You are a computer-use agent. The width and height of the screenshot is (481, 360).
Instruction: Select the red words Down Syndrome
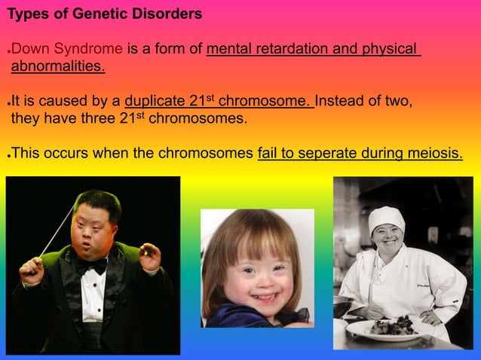pyautogui.click(x=67, y=50)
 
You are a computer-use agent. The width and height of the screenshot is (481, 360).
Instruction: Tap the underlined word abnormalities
pyautogui.click(x=58, y=67)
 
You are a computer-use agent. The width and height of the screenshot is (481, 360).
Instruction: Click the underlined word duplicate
pyautogui.click(x=155, y=102)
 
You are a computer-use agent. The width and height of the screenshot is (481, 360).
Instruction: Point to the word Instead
pyautogui.click(x=342, y=102)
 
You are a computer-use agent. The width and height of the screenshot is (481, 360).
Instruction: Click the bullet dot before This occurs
pyautogui.click(x=8, y=154)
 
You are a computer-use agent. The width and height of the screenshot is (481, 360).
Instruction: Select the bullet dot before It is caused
pyautogui.click(x=8, y=103)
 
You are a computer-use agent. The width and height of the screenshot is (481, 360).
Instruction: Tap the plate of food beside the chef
pyautogui.click(x=391, y=328)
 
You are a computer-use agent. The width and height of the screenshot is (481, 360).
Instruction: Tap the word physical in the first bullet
pyautogui.click(x=390, y=50)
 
